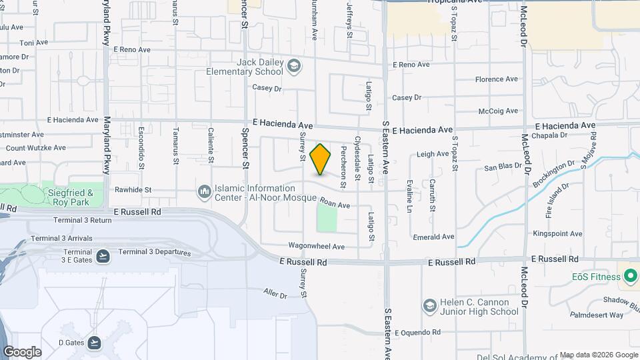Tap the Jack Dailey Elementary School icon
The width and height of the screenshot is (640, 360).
[294, 67]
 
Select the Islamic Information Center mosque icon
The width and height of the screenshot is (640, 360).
[205, 193]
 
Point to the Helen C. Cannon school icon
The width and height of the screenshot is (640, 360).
[430, 306]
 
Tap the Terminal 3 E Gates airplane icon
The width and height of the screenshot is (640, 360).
[103, 255]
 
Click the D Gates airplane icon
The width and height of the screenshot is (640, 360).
[94, 343]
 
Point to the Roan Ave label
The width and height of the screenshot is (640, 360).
[335, 205]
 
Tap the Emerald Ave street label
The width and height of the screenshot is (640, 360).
[433, 237]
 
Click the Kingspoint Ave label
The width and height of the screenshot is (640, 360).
[557, 234]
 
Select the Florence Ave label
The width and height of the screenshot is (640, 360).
[496, 79]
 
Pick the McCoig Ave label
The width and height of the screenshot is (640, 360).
[497, 111]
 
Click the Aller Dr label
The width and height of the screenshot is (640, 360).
[275, 293]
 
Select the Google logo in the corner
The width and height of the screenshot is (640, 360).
[22, 352]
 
